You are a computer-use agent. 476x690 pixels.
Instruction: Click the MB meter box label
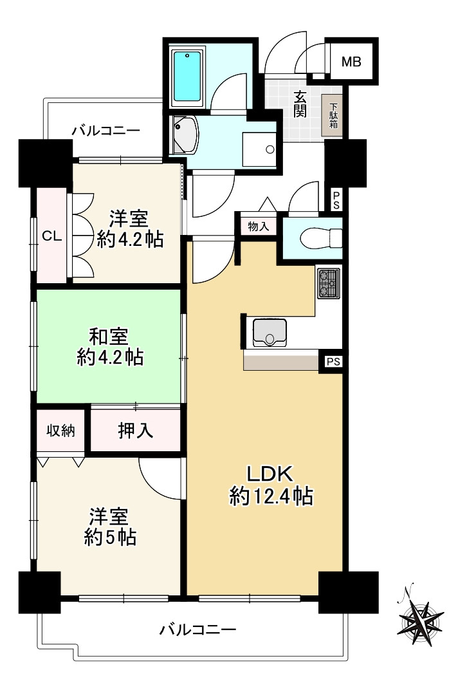pyautogui.click(x=351, y=62)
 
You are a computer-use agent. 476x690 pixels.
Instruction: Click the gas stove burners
pyautogui.click(x=327, y=283)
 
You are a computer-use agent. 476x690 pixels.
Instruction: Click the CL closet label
pyautogui.click(x=51, y=236)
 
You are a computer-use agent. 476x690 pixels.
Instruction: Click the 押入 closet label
pyautogui.click(x=135, y=430)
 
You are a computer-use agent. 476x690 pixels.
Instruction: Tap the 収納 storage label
pyautogui.click(x=60, y=430)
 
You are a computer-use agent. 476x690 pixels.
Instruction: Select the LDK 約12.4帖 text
pyautogui.click(x=271, y=484)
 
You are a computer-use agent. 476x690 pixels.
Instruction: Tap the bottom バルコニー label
pyautogui.click(x=198, y=629)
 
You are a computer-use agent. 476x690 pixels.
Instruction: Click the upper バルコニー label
pyautogui.click(x=105, y=130)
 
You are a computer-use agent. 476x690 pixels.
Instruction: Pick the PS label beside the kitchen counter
pyautogui.click(x=333, y=362)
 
